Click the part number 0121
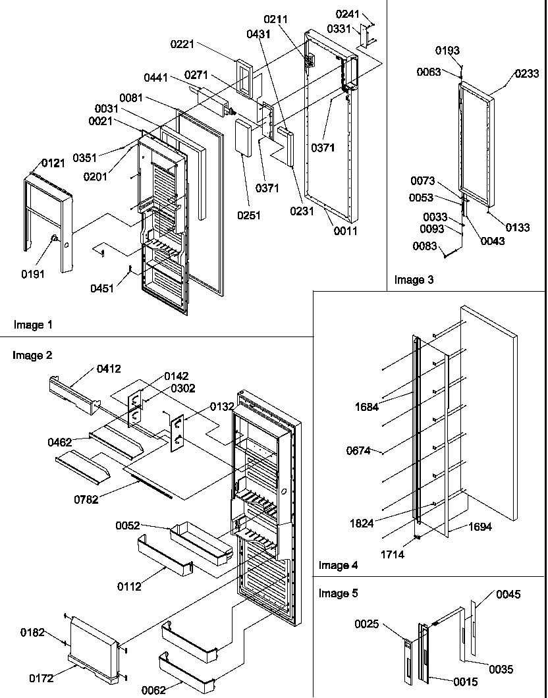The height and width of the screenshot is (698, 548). [53, 163]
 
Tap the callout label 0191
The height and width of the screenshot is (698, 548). [32, 273]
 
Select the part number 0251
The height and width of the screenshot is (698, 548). [250, 215]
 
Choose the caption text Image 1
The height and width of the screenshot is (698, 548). [32, 325]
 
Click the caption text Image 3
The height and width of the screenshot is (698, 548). [414, 280]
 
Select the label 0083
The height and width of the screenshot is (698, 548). [423, 246]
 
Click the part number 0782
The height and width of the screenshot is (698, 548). [86, 499]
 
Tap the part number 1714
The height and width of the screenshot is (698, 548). [393, 554]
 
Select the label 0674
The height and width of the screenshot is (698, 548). [360, 451]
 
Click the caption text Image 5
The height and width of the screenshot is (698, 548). [338, 593]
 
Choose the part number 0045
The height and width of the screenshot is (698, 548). [508, 595]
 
